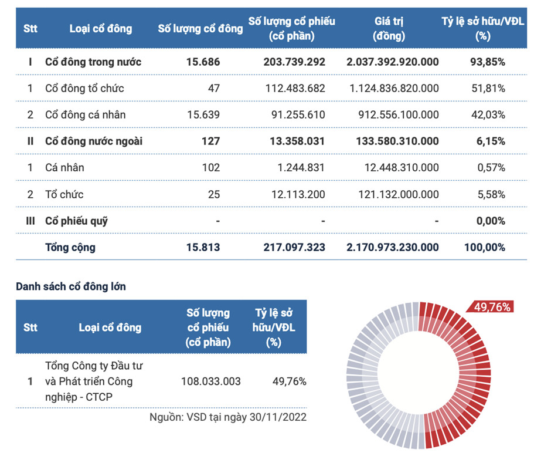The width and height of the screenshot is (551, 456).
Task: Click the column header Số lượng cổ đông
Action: (200, 28)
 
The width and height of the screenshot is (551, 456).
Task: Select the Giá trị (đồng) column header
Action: (389, 28)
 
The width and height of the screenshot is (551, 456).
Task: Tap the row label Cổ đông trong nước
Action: (93, 62)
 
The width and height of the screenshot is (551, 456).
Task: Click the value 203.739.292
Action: (294, 62)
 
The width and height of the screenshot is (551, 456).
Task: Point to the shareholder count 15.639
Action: (202, 115)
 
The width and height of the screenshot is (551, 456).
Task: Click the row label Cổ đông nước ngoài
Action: (94, 141)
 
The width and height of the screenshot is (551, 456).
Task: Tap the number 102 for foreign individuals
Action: (210, 168)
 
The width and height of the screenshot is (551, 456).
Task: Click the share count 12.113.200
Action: (298, 194)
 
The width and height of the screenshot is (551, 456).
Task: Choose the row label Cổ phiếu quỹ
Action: (76, 221)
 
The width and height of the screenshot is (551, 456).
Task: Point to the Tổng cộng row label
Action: (70, 248)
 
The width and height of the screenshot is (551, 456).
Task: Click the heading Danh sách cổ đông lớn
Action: (71, 287)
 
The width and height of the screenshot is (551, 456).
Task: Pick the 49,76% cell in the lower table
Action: (290, 381)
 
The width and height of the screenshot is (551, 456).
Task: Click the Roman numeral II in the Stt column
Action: (30, 141)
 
